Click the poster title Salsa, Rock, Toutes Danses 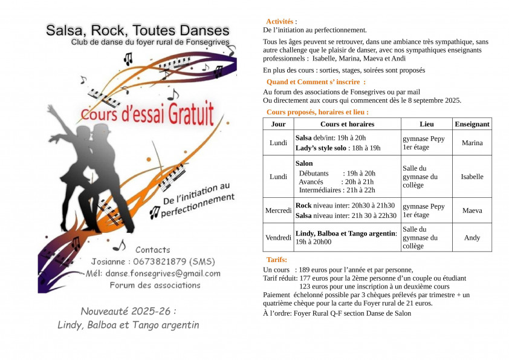coord(138,30)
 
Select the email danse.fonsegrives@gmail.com coord(163,273)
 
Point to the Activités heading coord(279,22)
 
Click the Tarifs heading coord(277,260)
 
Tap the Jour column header coord(279,124)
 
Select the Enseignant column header coord(472,124)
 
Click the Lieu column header coord(426,124)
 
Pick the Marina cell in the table coord(472,143)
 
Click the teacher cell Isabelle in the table coord(472,177)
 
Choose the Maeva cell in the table coord(472,211)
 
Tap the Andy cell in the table coord(472,238)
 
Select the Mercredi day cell coord(279,211)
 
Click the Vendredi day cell coord(279,238)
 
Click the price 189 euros coord(315,270)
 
